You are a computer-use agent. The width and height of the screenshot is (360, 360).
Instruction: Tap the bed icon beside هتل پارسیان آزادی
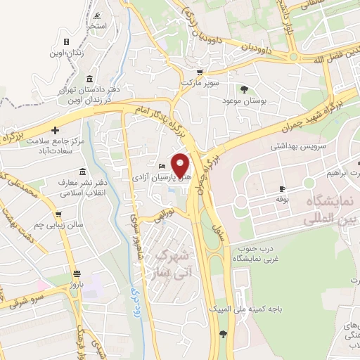pyautogui.click(x=162, y=166)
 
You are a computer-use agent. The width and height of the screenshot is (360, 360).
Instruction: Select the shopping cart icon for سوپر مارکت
pyautogui.click(x=200, y=72)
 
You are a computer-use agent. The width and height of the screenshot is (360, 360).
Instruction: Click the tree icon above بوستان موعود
pyautogui.click(x=244, y=89)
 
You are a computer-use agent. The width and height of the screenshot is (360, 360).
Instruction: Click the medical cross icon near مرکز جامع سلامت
pyautogui.click(x=55, y=130)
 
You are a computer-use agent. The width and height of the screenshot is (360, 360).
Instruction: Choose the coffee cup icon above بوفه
pyautogui.click(x=282, y=188)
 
